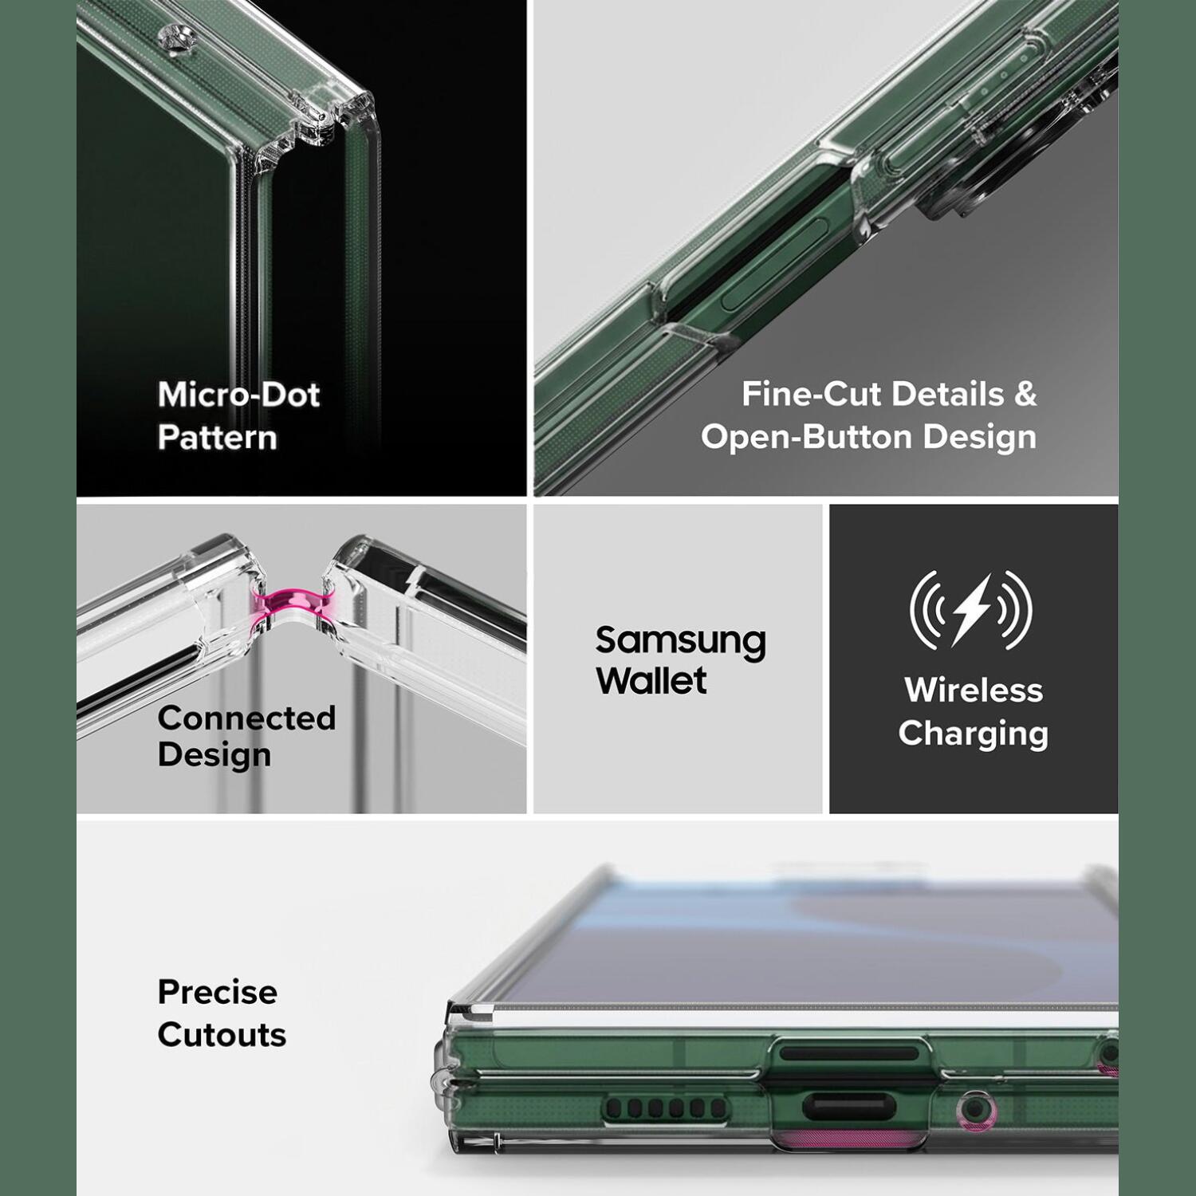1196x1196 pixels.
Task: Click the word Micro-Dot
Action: [238, 395]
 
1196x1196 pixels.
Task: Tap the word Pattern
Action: [217, 438]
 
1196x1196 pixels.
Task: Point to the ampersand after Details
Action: [1025, 394]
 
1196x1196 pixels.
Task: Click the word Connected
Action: [246, 718]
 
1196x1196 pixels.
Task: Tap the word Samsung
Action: [681, 640]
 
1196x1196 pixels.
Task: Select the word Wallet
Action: [651, 680]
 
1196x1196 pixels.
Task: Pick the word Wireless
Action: [974, 690]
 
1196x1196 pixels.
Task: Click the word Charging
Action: [974, 734]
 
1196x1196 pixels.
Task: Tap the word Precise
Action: [217, 992]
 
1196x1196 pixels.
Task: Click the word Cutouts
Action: [222, 1035]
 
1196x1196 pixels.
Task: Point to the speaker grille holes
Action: [665, 1108]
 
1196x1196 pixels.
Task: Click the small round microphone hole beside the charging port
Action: [973, 1108]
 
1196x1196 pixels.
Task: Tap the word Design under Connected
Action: [214, 755]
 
